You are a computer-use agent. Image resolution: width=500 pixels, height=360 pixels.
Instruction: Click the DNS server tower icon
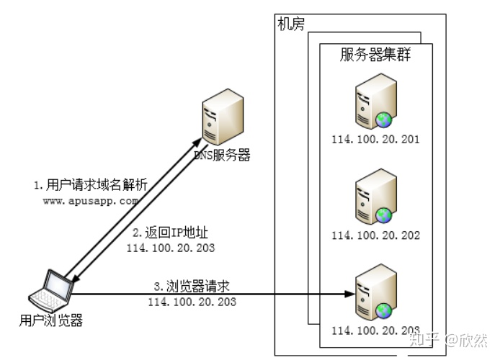tap(219, 119)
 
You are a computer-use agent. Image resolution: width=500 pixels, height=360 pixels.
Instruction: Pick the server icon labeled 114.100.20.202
tap(375, 197)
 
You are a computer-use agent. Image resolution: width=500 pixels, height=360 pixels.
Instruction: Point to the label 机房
tap(291, 24)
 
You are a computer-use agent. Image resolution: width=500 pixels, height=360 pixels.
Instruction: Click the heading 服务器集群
tap(375, 55)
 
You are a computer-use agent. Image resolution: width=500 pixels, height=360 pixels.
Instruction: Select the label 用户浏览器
tap(51, 320)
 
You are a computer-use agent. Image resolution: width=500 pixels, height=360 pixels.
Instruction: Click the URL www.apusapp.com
tap(89, 201)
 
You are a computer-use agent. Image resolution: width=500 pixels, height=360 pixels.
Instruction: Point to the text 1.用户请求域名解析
tap(90, 185)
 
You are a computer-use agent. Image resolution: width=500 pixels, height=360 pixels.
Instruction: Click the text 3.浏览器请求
tap(192, 286)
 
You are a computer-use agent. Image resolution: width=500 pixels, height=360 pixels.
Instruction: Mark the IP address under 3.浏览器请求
tap(192, 302)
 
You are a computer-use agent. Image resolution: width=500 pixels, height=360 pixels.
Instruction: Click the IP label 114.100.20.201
tap(375, 139)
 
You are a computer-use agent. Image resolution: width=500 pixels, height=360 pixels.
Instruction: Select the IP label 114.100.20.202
tap(375, 235)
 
